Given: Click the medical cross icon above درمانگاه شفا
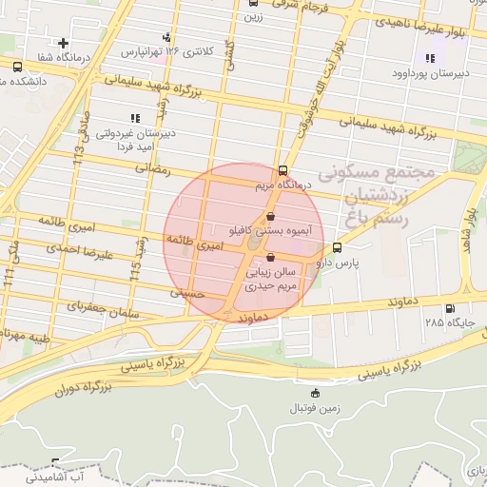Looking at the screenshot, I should click(63, 43).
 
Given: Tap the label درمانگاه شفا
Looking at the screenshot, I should click(66, 58).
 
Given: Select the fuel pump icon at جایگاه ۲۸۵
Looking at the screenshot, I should click(450, 308).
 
